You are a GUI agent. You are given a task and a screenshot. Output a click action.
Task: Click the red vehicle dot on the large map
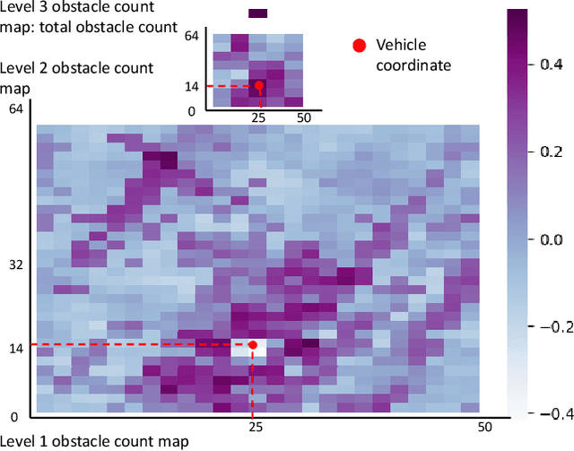[x=253, y=345]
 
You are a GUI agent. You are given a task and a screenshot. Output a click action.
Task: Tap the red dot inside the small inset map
[x=258, y=86]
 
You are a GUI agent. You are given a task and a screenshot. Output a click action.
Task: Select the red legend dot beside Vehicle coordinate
[x=360, y=46]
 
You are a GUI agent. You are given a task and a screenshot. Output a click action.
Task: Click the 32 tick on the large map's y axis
[x=15, y=265]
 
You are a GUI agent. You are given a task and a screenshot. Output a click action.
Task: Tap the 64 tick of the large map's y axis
[x=15, y=108]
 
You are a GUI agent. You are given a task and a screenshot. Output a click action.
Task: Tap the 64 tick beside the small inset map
[x=191, y=36]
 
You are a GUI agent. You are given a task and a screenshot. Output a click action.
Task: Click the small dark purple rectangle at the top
[x=258, y=13]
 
